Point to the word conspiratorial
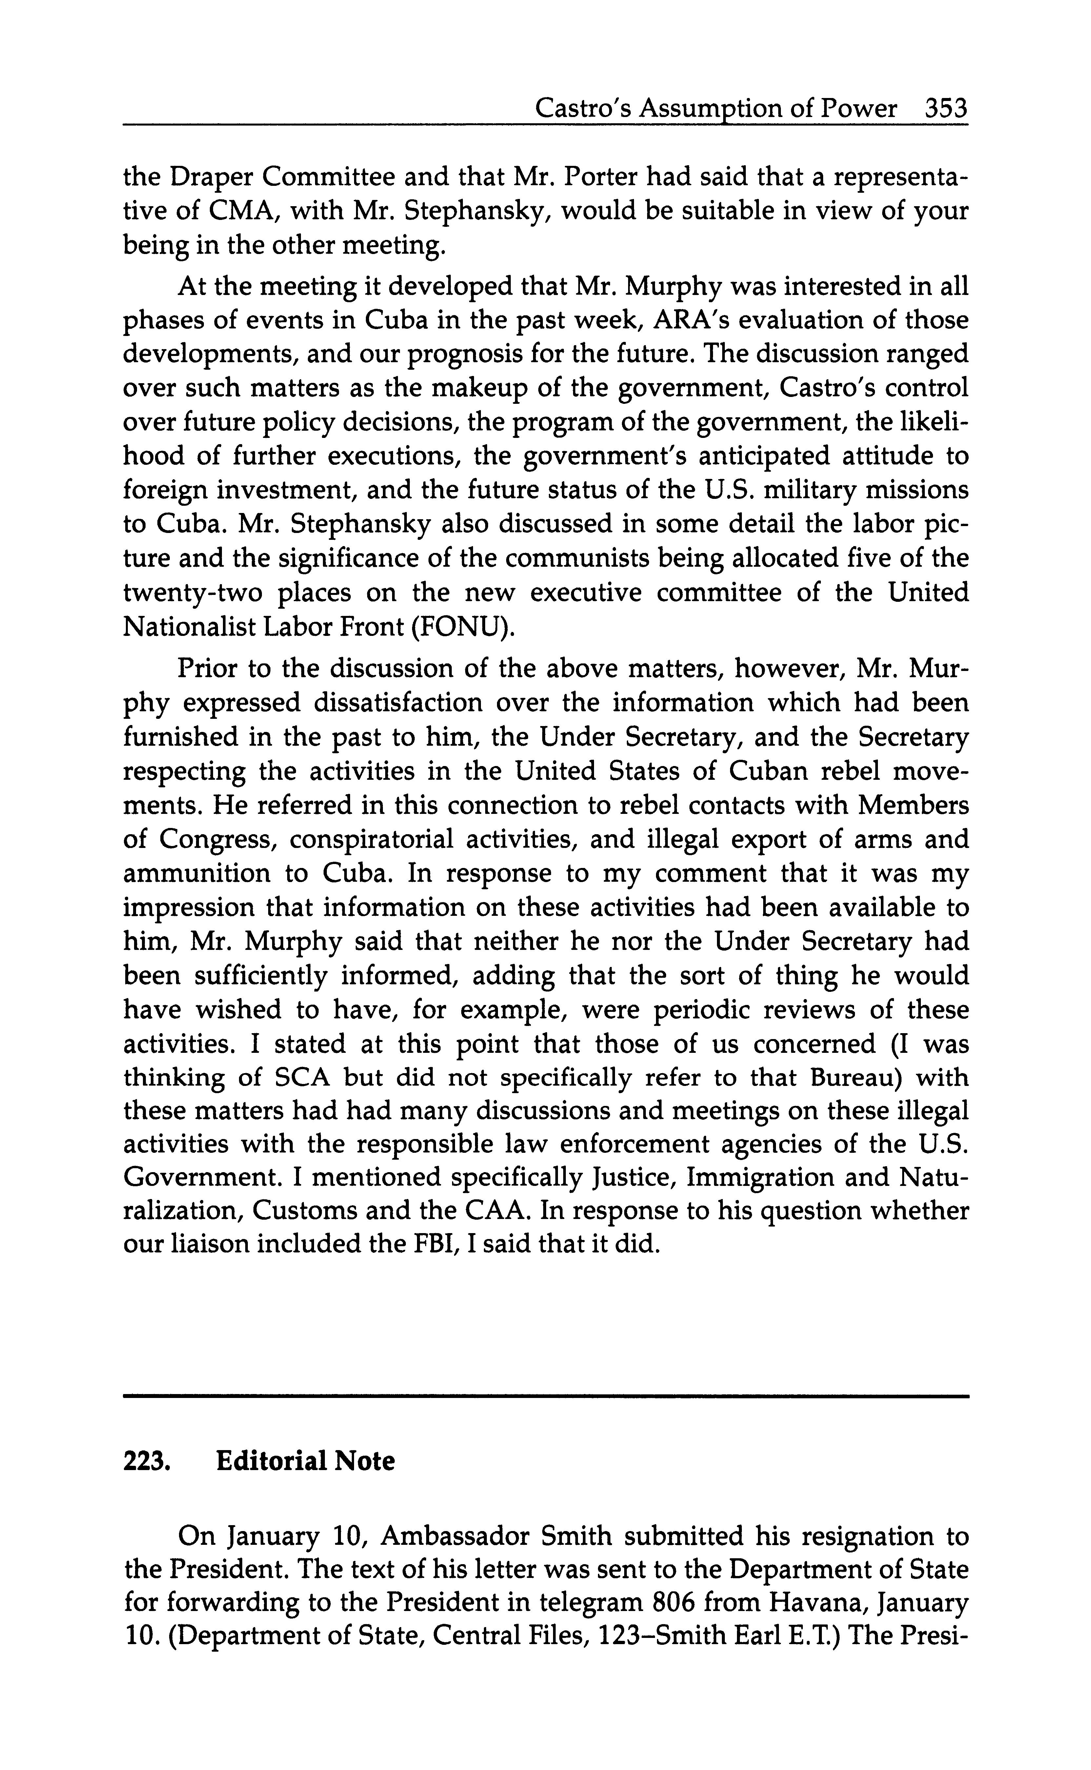[x=367, y=839]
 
